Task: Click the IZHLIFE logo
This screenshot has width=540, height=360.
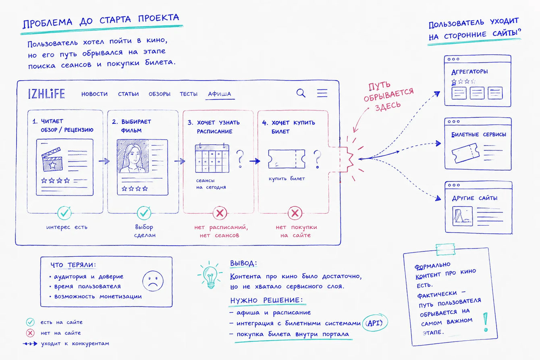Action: pyautogui.click(x=46, y=94)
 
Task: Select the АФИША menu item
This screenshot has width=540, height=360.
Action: pyautogui.click(x=220, y=94)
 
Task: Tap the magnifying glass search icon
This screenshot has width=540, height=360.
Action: pyautogui.click(x=301, y=93)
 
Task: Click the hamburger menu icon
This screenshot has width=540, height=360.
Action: pyautogui.click(x=322, y=93)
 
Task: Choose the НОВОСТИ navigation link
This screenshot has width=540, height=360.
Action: pyautogui.click(x=94, y=94)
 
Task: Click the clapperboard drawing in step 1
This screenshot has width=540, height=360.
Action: pyautogui.click(x=52, y=160)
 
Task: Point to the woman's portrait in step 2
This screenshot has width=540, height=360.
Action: pyautogui.click(x=133, y=156)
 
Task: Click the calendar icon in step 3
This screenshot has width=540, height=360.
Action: pyautogui.click(x=212, y=158)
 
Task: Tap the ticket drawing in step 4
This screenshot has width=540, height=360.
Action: pyautogui.click(x=287, y=159)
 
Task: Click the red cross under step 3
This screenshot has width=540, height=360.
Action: pyautogui.click(x=220, y=213)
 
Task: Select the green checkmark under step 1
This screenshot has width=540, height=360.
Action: pyautogui.click(x=64, y=213)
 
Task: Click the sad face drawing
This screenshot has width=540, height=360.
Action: pyautogui.click(x=153, y=281)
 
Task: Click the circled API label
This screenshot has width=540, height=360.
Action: pyautogui.click(x=375, y=323)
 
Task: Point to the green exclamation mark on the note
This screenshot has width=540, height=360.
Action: pyautogui.click(x=486, y=323)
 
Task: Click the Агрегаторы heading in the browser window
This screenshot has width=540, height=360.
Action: pyautogui.click(x=469, y=72)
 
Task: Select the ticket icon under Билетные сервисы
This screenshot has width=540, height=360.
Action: pyautogui.click(x=465, y=153)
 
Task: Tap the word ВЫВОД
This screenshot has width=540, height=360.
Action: pyautogui.click(x=243, y=263)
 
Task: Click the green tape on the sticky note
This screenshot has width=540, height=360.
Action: pyautogui.click(x=446, y=249)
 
